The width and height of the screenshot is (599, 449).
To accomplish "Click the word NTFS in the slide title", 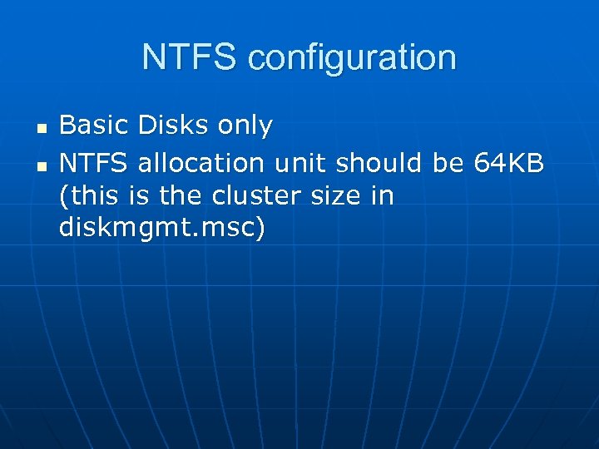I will [191, 57].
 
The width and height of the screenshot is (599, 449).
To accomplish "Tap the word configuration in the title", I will [352, 58].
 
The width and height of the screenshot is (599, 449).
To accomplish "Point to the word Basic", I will [94, 126].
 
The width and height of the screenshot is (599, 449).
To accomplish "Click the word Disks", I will [174, 126].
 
